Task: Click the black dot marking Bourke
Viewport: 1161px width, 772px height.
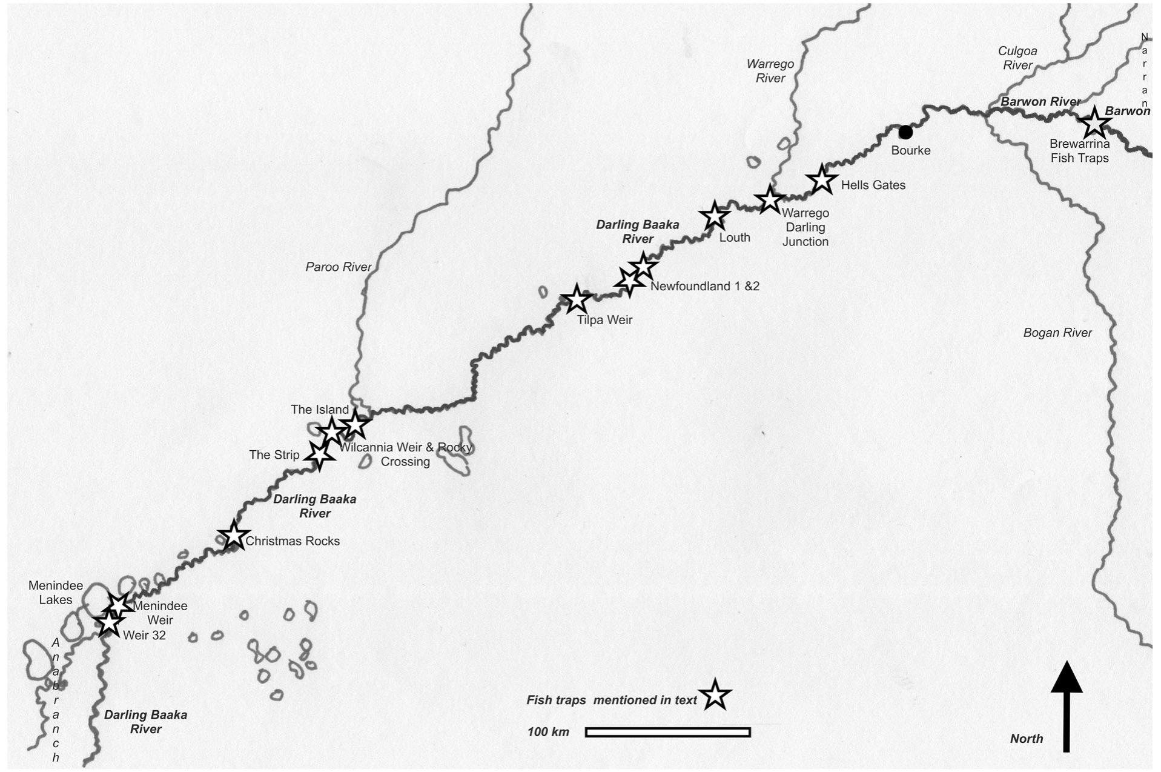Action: [905, 132]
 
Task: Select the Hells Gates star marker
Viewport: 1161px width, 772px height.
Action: [821, 179]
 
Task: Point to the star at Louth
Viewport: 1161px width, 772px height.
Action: [715, 216]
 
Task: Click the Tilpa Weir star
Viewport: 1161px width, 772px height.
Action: [576, 299]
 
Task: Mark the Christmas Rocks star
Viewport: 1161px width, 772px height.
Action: [233, 536]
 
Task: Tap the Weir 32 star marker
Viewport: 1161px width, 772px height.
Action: [108, 622]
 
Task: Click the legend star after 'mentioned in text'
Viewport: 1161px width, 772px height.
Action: [715, 696]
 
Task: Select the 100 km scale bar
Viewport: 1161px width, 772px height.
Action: [667, 732]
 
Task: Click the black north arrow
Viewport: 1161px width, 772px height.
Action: [1066, 706]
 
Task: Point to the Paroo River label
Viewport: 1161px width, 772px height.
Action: [338, 267]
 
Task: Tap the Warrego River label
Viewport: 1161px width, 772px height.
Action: [770, 71]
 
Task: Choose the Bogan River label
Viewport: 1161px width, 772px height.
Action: [1057, 333]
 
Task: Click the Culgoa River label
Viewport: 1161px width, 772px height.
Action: [1017, 58]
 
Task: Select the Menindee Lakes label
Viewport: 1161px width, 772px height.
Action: [56, 593]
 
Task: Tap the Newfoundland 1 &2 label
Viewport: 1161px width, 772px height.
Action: [704, 286]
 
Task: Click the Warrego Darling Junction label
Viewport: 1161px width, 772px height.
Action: [805, 227]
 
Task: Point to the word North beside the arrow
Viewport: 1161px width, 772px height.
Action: [1026, 739]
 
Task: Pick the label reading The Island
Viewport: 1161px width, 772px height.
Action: [319, 410]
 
